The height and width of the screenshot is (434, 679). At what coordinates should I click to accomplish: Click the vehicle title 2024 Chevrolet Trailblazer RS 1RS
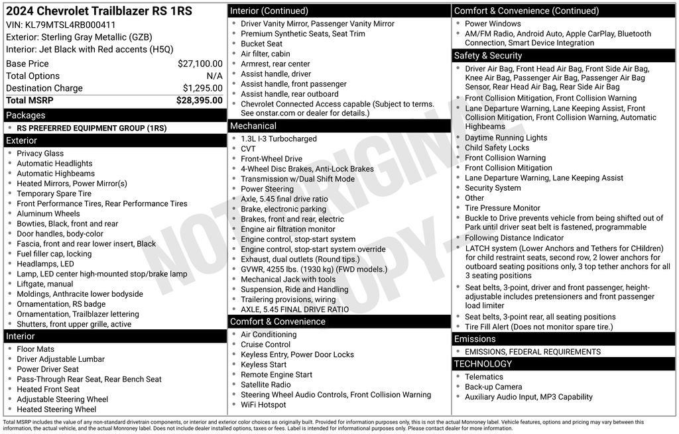[x=99, y=11]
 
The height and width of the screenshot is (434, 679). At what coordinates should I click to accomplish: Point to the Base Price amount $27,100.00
[x=200, y=64]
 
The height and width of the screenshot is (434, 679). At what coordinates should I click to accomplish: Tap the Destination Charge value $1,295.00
[x=202, y=88]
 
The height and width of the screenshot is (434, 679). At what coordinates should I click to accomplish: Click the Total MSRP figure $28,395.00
[x=199, y=101]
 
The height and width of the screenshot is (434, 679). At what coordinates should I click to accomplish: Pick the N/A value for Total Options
[x=214, y=76]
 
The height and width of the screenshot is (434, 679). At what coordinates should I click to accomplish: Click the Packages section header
[x=26, y=115]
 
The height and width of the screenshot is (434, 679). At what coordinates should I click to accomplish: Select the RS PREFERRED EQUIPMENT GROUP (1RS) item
[x=92, y=129]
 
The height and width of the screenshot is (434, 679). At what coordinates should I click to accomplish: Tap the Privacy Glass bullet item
[x=40, y=154]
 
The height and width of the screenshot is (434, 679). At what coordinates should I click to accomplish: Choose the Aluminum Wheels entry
[x=48, y=214]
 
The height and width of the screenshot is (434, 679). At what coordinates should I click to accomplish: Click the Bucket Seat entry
[x=261, y=44]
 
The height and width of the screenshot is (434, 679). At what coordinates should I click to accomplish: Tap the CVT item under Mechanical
[x=248, y=149]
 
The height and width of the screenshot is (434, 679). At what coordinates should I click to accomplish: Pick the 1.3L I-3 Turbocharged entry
[x=278, y=139]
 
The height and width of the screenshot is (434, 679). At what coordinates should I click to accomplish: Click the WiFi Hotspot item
[x=263, y=405]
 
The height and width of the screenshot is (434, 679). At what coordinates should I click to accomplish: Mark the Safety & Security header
[x=487, y=56]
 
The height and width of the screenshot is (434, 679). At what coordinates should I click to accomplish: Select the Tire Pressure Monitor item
[x=502, y=208]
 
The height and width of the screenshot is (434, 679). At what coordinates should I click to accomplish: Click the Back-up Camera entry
[x=493, y=387]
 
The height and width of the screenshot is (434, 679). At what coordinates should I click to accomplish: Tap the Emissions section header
[x=474, y=339]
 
